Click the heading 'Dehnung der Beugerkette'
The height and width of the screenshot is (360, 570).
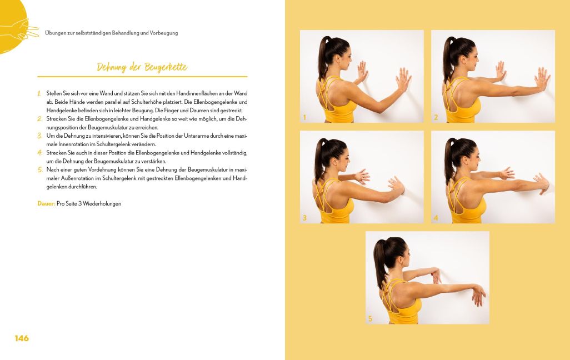coord(142,67)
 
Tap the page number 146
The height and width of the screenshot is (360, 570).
coord(22,338)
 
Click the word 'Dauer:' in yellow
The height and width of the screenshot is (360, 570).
coord(46,204)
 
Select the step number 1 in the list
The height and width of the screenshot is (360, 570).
coord(39,93)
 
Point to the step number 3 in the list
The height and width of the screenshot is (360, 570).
coord(39,136)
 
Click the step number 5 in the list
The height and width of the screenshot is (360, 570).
coord(40,170)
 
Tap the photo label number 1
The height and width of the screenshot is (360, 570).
coord(304,117)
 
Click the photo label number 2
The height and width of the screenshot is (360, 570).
coord(436,117)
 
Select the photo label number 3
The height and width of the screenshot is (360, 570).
coord(304,218)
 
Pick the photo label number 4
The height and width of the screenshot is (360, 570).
coord(436,218)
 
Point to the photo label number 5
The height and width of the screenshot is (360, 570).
coord(370,318)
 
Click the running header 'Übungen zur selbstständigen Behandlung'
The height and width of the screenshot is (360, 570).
coord(92,33)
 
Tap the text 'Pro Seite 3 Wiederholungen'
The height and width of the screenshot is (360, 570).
coord(89,204)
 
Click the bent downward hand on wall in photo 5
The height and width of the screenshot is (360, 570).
coord(478,295)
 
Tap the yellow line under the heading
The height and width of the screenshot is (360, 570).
coord(142,77)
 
